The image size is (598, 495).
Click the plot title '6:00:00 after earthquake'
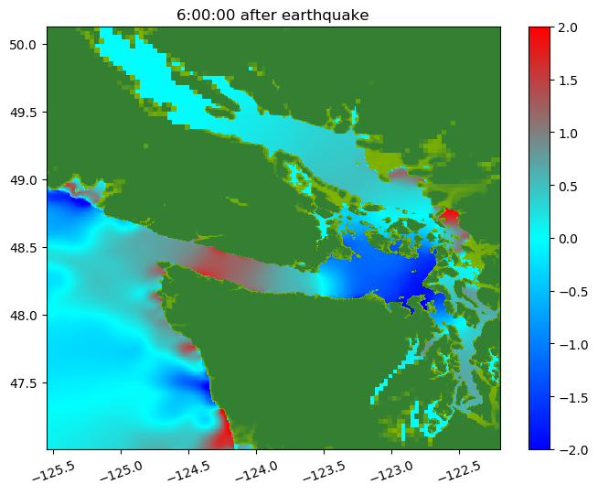272,16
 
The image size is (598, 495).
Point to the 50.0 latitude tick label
23,45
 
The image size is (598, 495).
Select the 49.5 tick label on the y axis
23,113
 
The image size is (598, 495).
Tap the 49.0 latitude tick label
23,180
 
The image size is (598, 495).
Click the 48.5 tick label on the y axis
23,248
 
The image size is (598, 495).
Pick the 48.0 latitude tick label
23,316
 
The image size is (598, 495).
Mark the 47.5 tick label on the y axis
23,383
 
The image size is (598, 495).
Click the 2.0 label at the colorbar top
568,27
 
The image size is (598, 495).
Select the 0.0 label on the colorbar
568,240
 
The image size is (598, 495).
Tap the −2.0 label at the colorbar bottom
573,450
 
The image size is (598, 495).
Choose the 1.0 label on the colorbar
568,134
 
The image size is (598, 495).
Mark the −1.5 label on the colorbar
573,398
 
